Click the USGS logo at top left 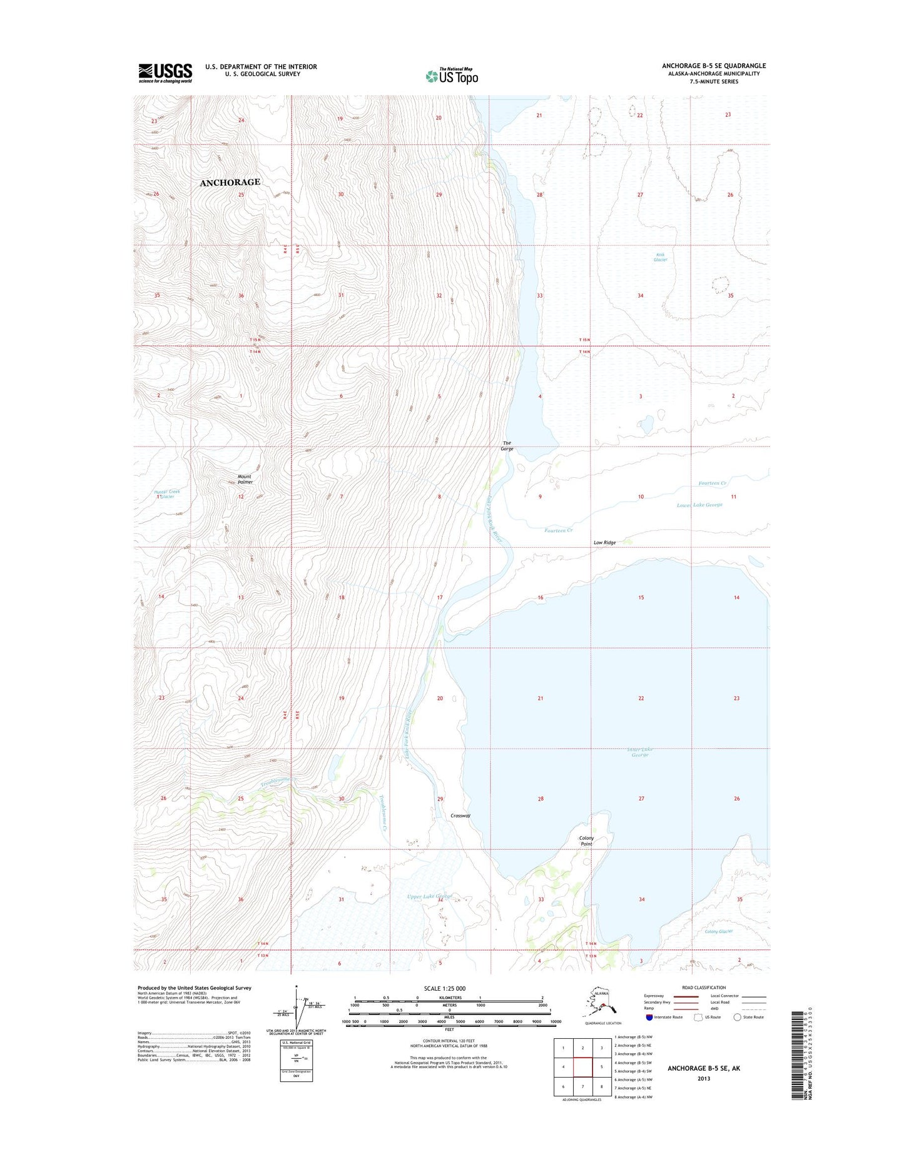165,73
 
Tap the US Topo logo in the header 452,76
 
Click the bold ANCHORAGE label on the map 230,182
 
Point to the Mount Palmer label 245,479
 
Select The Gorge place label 507,446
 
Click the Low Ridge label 604,542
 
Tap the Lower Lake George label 699,505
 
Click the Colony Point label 586,841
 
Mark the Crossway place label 460,816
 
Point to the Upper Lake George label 429,896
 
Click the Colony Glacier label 718,931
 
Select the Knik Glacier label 661,257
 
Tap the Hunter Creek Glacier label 167,493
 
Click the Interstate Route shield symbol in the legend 649,1017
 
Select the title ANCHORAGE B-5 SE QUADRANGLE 714,66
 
